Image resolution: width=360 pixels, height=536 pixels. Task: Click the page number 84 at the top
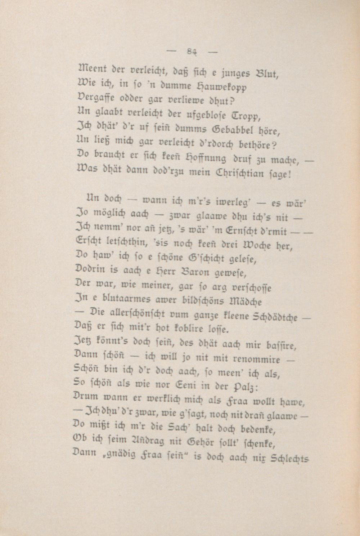(192, 52)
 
